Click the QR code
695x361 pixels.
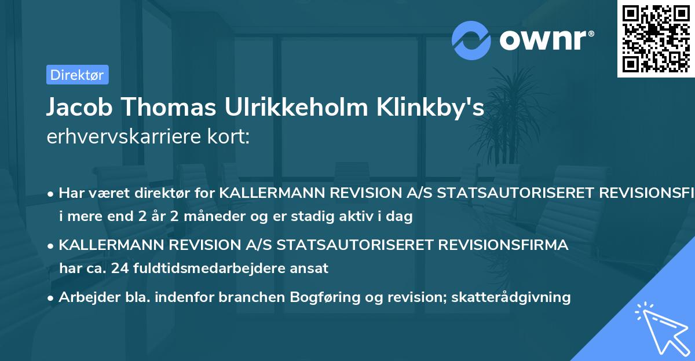(x=656, y=38)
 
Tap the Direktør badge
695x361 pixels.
(x=77, y=75)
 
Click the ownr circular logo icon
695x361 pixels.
(x=471, y=40)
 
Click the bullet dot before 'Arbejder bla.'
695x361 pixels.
(x=51, y=297)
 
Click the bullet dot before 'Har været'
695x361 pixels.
(x=51, y=193)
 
